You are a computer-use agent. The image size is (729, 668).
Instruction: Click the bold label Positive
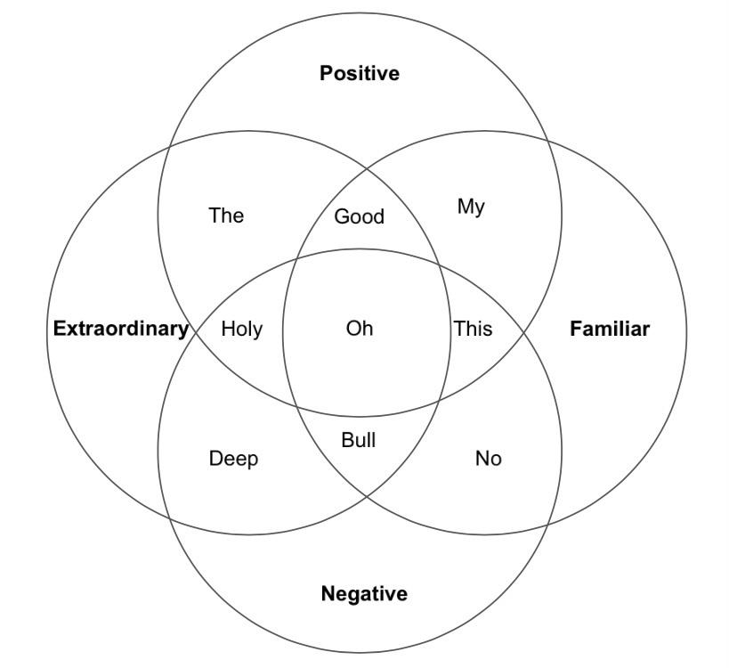[x=360, y=74]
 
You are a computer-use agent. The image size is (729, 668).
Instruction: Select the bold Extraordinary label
[x=121, y=329]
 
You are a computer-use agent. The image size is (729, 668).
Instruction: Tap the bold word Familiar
[x=610, y=329]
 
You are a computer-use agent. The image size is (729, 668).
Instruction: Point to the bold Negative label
[x=364, y=593]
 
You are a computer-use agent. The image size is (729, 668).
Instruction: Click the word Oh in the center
[x=360, y=329]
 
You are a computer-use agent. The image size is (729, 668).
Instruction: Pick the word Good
[x=360, y=216]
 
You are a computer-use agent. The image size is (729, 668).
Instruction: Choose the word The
[x=226, y=216]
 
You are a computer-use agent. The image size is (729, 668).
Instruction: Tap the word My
[x=471, y=208]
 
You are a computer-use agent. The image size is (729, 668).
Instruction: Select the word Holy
[x=242, y=330]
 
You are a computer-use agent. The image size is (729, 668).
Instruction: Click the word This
[x=474, y=329]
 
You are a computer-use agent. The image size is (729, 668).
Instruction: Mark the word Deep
[x=233, y=459]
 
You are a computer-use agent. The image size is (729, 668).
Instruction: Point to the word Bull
[x=359, y=440]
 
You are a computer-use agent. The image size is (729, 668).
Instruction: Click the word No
[x=488, y=459]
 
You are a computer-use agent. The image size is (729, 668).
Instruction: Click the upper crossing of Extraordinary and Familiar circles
[x=367, y=168]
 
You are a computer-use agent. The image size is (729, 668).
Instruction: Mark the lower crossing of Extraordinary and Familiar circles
[x=367, y=497]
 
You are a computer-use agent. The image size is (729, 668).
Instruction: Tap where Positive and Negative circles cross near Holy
[x=196, y=332]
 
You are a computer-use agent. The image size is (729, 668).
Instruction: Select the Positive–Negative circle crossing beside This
[x=524, y=332]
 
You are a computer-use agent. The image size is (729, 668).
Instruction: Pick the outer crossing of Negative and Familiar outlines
[x=547, y=525]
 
